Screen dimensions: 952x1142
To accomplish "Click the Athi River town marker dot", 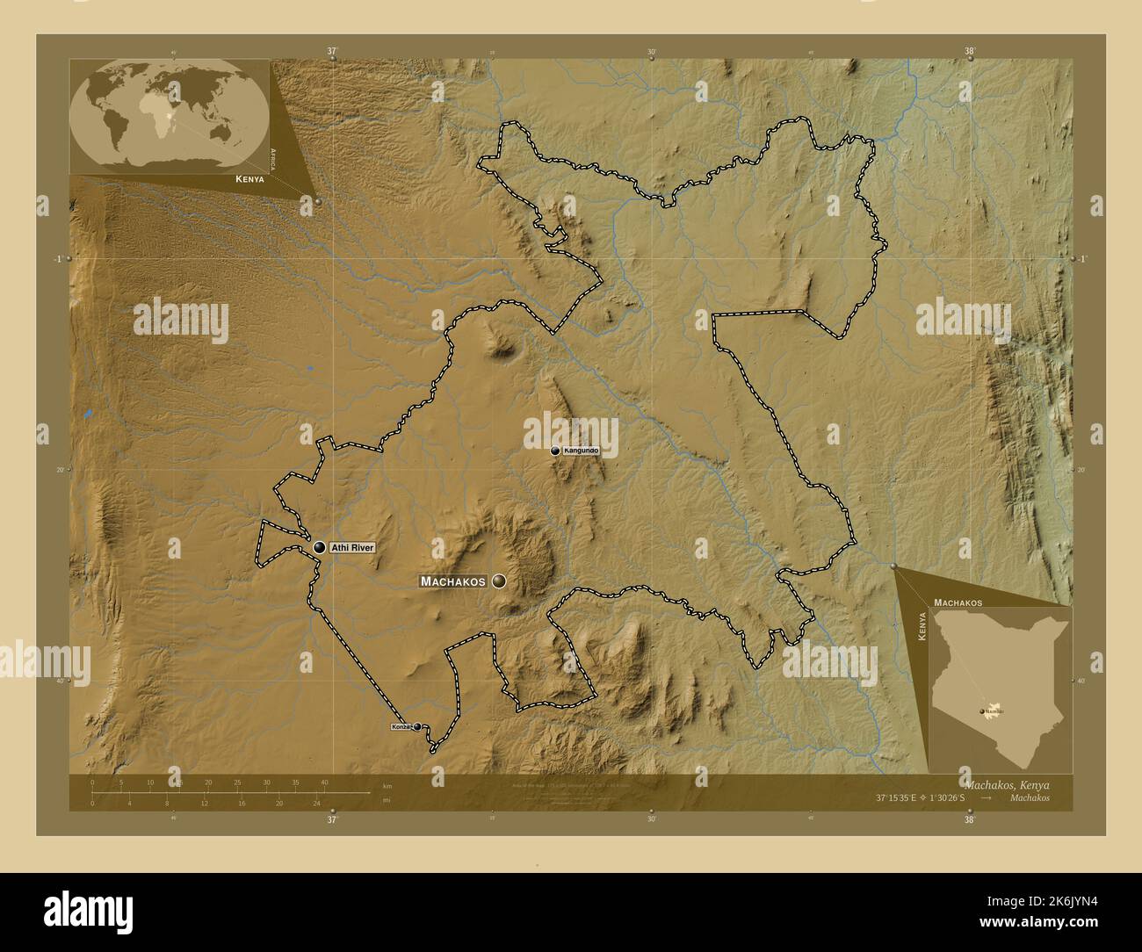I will (319, 547).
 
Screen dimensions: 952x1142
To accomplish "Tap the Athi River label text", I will (352, 548).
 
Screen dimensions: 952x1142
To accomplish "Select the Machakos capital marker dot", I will (500, 581).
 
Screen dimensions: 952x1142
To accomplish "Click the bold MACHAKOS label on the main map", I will (453, 581).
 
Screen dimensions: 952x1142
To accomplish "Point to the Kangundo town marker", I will (555, 451).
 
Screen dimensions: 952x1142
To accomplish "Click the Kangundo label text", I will (582, 451).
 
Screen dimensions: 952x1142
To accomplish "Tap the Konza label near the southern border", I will (401, 727).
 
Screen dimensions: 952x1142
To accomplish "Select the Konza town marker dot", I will (417, 727).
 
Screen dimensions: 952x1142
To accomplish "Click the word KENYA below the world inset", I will (250, 179).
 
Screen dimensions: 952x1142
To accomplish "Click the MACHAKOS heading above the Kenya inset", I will (958, 603).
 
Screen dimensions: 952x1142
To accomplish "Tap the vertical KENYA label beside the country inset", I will (922, 630).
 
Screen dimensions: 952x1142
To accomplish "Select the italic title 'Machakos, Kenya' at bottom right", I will (1007, 783).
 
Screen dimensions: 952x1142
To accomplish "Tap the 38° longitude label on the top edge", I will (970, 52).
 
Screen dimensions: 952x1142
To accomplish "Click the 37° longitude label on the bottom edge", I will (332, 820).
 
